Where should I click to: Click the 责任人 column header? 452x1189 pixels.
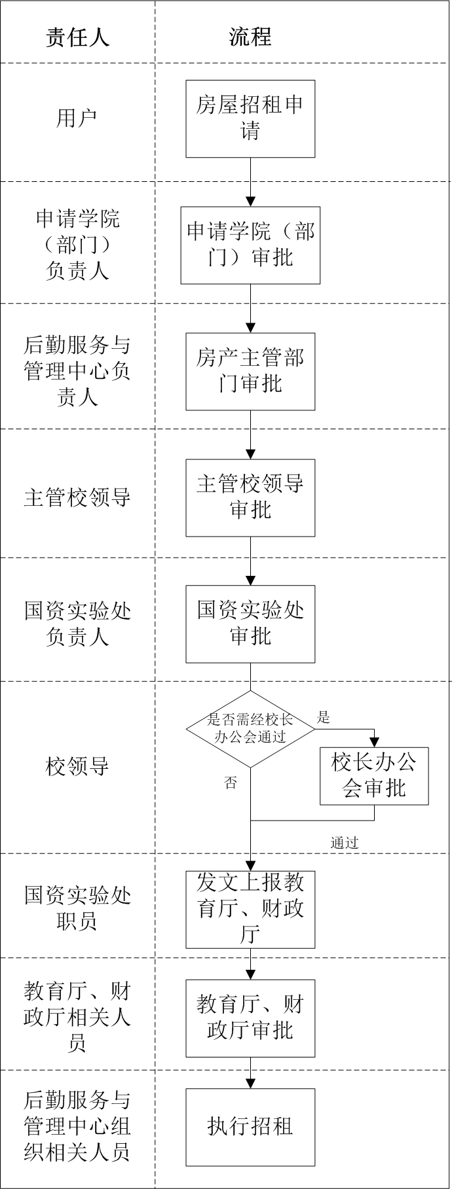77,37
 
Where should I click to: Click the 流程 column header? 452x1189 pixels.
250,37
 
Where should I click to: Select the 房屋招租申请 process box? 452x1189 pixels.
250,118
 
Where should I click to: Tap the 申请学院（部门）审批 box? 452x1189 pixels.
250,245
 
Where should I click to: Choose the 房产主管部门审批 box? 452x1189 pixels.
250,371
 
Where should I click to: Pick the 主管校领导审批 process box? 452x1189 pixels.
250,497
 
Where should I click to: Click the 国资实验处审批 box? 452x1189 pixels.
250,624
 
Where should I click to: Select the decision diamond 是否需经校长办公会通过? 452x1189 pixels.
250,729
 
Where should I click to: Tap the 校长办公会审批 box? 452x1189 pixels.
374,776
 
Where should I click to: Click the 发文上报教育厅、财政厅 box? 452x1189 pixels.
250,910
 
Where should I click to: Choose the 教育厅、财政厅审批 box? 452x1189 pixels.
250,1018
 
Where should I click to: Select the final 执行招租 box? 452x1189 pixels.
250,1127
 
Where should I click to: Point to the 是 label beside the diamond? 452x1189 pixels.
324,717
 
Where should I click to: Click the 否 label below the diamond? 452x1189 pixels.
231,783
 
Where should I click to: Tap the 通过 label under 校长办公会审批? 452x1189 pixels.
345,843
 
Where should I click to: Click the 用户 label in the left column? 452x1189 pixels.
77,118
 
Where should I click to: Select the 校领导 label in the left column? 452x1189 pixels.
77,766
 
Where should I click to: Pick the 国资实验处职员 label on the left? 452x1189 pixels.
77,908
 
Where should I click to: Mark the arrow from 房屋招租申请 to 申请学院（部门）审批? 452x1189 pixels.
250,182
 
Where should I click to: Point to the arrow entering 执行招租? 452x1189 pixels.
250,1073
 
